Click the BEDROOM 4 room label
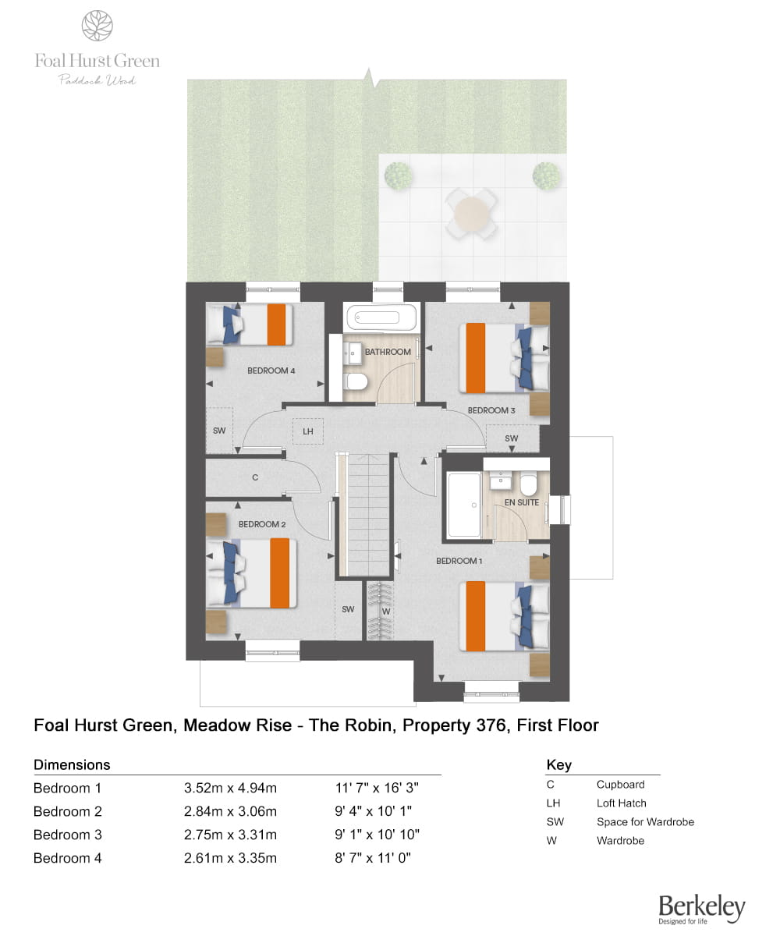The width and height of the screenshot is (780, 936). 271,370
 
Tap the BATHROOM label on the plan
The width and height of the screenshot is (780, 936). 388,352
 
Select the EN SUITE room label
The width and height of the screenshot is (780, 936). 522,503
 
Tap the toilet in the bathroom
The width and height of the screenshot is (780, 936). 356,382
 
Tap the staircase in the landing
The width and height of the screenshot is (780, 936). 364,515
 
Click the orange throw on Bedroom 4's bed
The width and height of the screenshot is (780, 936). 276,325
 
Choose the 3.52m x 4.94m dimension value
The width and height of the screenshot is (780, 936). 230,788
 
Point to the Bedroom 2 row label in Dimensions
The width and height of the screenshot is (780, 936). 68,811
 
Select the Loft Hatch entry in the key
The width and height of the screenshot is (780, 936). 621,803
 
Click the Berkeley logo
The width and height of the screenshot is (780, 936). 701,908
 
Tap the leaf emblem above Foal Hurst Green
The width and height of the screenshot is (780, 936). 97,26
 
